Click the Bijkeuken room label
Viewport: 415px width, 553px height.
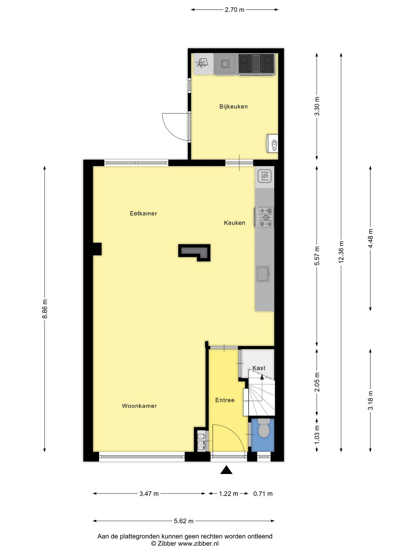pos(233,106)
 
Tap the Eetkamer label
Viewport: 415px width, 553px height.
pos(143,214)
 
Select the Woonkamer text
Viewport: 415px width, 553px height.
pos(139,406)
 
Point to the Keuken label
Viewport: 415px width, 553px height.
pos(234,223)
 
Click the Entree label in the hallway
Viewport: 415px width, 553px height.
pos(225,400)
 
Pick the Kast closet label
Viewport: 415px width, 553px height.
pos(259,368)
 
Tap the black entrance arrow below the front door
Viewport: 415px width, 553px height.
pos(226,470)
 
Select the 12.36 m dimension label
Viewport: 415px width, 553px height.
pos(341,252)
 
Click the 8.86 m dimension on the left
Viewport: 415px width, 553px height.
pos(45,309)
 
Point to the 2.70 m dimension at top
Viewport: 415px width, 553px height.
pos(234,10)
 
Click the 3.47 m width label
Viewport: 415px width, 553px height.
pos(149,494)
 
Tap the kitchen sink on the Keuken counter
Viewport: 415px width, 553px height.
pos(264,274)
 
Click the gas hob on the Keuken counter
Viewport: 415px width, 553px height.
pos(265,217)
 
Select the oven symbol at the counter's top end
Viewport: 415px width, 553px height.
pos(264,176)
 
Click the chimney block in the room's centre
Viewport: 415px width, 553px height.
pos(194,252)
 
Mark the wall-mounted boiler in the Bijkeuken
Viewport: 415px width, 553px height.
pos(272,144)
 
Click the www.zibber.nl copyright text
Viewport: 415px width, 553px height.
pos(185,544)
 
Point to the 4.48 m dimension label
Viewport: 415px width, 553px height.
pos(371,238)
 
